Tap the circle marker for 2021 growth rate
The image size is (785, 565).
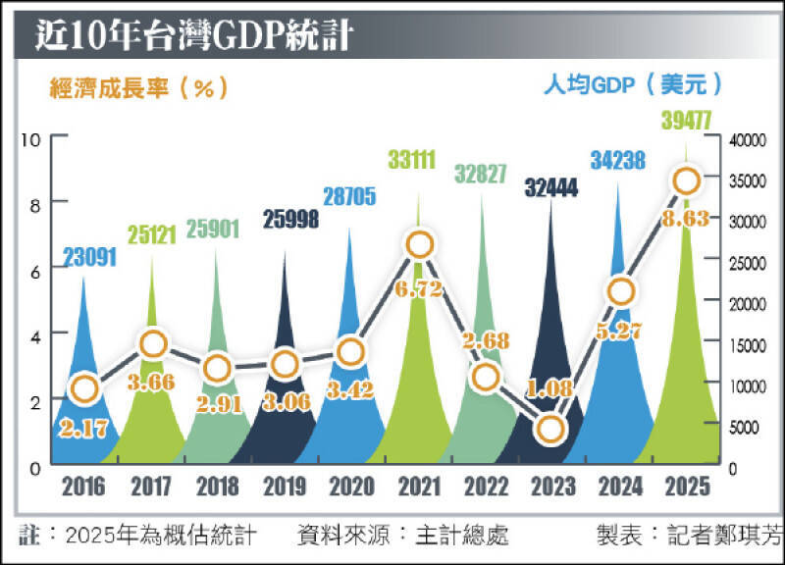coord(420,245)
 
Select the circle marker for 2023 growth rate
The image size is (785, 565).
coord(551,429)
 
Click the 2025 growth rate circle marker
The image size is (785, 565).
coord(686,180)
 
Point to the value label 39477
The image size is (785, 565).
coord(683,121)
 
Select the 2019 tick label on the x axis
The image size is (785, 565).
coord(286,487)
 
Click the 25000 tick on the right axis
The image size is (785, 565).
coord(749,263)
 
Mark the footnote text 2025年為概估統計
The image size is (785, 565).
coord(161,536)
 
